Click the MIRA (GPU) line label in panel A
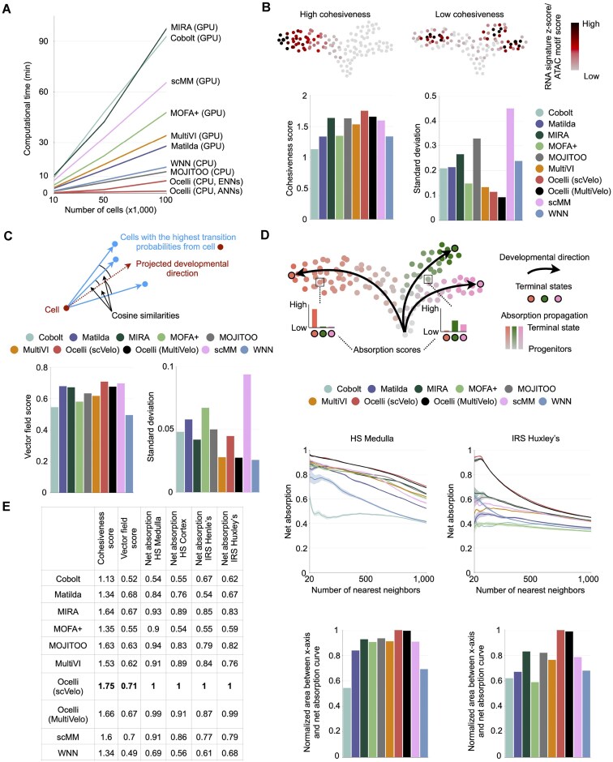(x=194, y=28)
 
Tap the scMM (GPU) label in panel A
(x=195, y=81)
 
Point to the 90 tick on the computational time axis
(x=44, y=41)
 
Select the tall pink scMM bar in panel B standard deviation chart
(x=510, y=164)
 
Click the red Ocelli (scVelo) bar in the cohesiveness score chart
(x=364, y=165)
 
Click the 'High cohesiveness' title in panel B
(x=335, y=14)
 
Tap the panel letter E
(x=6, y=507)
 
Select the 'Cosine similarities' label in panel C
(x=145, y=315)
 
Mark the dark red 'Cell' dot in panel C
(x=66, y=307)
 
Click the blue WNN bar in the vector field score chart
(x=129, y=453)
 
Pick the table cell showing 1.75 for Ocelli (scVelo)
(x=106, y=686)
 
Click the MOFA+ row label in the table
(x=68, y=629)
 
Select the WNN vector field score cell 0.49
(x=129, y=753)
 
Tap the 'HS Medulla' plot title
(x=372, y=439)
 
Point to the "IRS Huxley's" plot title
(x=535, y=439)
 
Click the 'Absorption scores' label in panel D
(x=387, y=349)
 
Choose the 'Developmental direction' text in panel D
(x=544, y=257)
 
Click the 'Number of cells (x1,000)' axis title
(x=110, y=210)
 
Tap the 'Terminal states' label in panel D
(x=543, y=286)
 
